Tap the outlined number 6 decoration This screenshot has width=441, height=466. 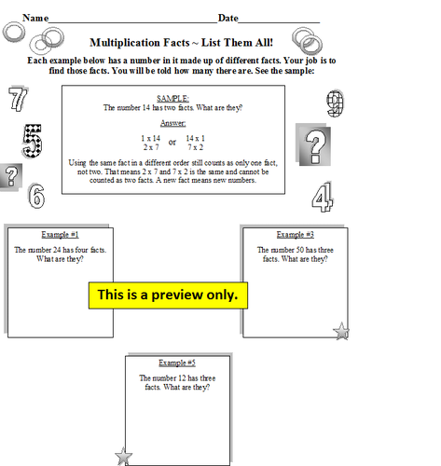click(35, 196)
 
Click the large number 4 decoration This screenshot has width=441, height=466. click(322, 197)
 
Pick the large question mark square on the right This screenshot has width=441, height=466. click(317, 146)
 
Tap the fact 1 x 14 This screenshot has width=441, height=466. click(149, 138)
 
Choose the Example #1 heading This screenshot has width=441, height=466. click(60, 234)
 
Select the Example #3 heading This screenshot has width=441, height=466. click(296, 234)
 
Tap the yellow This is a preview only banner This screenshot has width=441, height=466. click(168, 295)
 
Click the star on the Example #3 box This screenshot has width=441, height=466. click(342, 330)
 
